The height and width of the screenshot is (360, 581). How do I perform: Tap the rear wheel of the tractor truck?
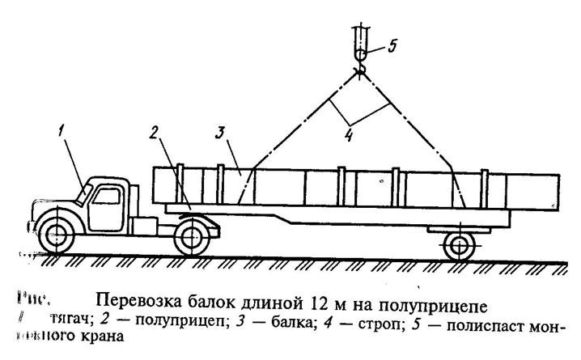192,236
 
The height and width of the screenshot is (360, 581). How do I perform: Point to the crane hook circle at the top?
360,54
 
